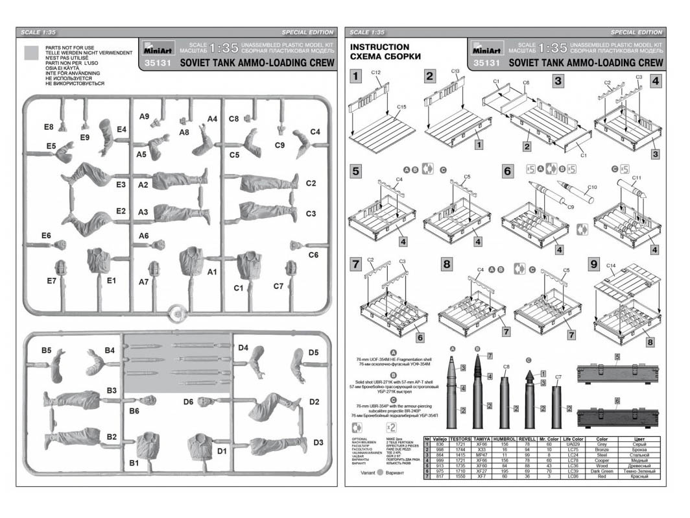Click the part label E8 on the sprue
[x=48, y=127]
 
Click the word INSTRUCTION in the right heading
[x=379, y=47]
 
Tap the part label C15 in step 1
[x=401, y=106]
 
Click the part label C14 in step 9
[x=610, y=265]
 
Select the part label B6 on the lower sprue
[x=134, y=411]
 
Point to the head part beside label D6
[x=206, y=402]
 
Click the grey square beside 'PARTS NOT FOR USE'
[x=30, y=53]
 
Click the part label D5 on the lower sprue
[x=313, y=353]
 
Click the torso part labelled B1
[x=149, y=446]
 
